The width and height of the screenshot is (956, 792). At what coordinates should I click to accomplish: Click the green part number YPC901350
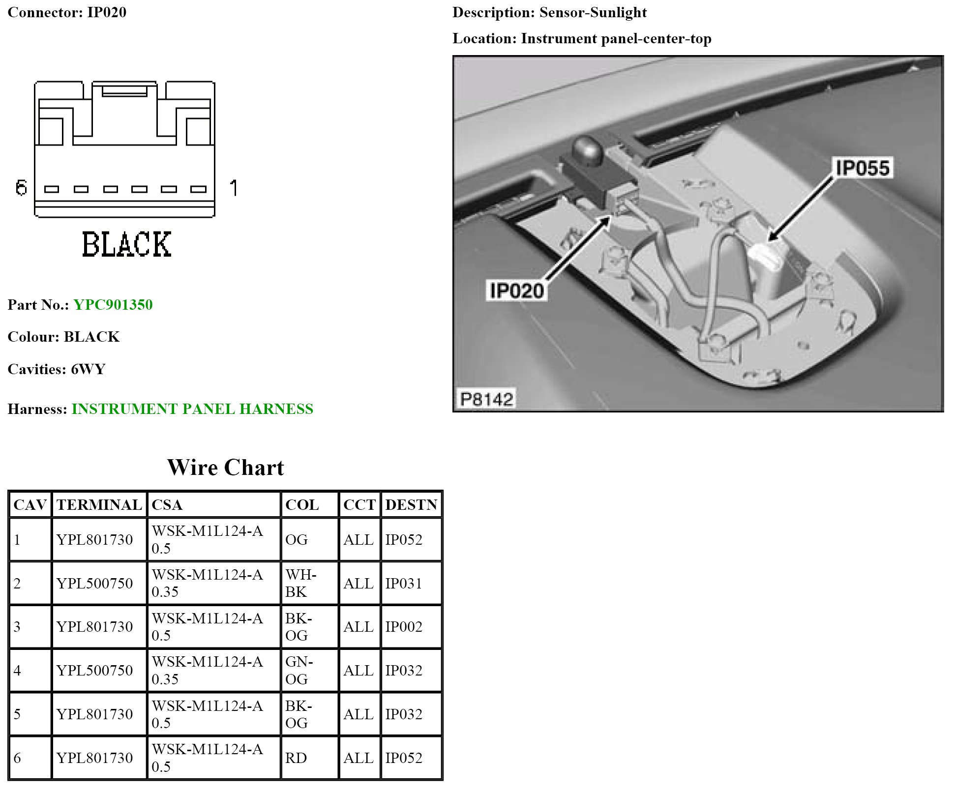113,305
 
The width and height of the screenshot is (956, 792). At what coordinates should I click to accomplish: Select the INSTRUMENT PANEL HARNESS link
192,409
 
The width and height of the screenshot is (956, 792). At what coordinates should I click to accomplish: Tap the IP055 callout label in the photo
863,168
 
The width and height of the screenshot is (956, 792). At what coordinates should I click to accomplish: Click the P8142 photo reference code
486,399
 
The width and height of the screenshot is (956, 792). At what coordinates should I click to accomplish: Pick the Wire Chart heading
226,468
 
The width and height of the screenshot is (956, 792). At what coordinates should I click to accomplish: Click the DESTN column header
411,505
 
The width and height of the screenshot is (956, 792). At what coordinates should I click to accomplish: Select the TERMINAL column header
99,505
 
